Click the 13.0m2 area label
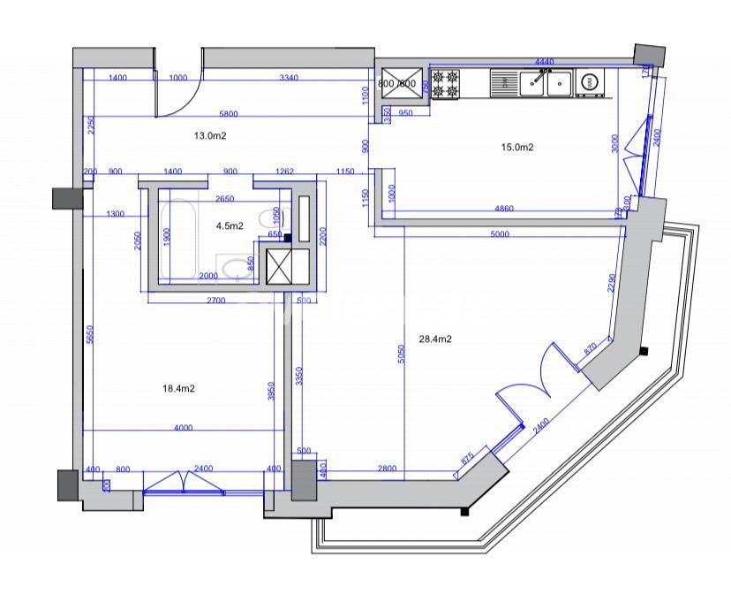click(211, 136)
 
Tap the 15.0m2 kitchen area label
click(517, 148)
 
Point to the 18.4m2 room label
click(178, 388)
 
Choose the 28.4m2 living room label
click(435, 339)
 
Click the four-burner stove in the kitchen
click(447, 84)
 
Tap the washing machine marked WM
click(590, 84)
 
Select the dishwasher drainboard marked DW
click(504, 84)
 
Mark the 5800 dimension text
click(228, 114)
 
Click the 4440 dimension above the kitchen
click(545, 62)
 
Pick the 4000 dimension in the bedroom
click(183, 428)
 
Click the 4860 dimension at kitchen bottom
click(505, 209)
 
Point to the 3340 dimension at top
click(288, 78)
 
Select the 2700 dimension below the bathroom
click(216, 301)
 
